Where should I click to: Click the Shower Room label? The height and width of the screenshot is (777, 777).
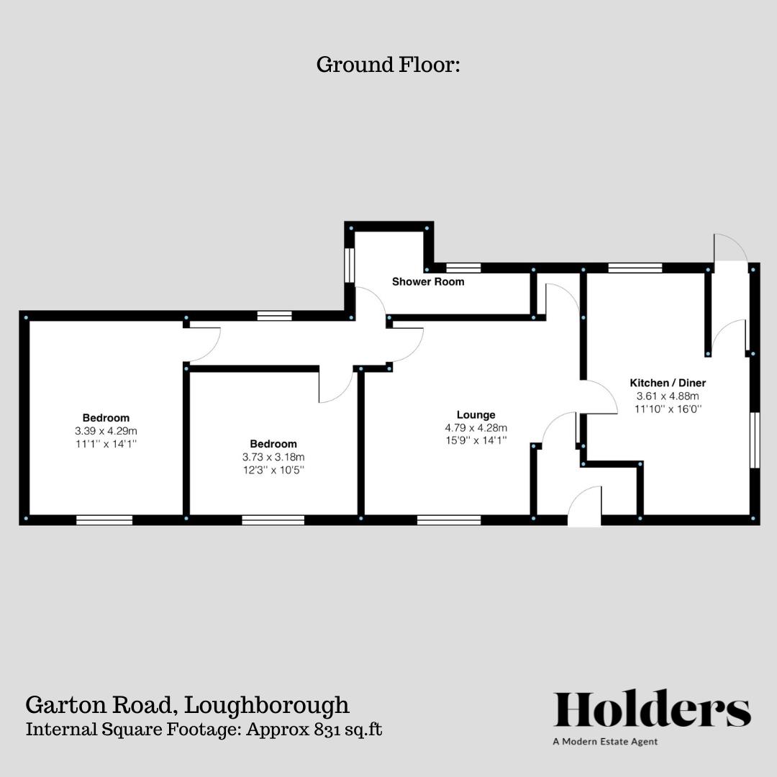(x=428, y=282)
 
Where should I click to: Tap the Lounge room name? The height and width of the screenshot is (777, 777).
(x=476, y=415)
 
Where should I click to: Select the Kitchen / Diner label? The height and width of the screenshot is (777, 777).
(x=668, y=383)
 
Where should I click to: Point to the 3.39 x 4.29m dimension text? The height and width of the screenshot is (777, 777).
(x=106, y=431)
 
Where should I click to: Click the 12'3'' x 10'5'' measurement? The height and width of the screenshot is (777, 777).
(x=273, y=470)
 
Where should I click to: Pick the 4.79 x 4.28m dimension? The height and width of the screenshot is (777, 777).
(x=476, y=428)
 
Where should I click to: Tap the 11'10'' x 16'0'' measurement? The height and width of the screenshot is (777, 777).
(x=668, y=409)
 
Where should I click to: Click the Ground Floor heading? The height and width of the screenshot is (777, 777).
(x=388, y=65)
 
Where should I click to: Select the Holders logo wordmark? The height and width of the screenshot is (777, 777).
(x=652, y=710)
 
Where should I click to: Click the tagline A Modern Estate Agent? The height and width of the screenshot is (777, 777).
(x=605, y=742)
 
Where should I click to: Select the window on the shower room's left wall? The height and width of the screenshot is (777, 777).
(x=349, y=265)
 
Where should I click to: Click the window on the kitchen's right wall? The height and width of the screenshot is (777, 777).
(x=755, y=440)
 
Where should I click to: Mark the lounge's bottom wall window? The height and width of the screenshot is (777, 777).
(x=449, y=519)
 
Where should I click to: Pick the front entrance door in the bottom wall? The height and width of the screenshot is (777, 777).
(x=584, y=507)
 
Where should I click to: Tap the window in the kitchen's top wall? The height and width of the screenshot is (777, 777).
(x=635, y=268)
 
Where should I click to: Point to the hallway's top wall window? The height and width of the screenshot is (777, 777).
(x=275, y=315)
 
